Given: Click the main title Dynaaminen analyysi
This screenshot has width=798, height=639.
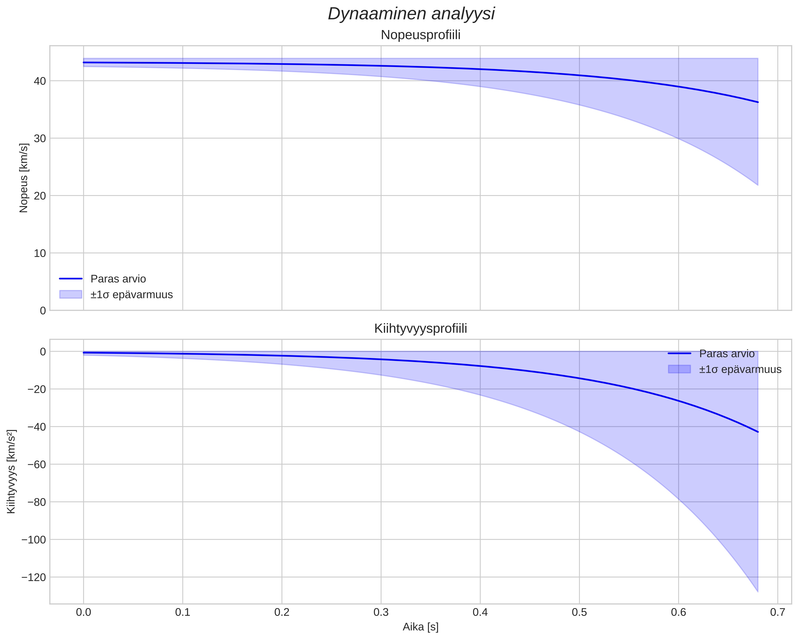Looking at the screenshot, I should click(x=411, y=14).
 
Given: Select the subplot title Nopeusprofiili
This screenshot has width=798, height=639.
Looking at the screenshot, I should click(x=420, y=35).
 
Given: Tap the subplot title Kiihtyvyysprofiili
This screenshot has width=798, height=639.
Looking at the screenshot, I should click(x=420, y=328).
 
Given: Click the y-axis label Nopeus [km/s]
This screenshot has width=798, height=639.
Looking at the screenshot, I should click(x=23, y=178).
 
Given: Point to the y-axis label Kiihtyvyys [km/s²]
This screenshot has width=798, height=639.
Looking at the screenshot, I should click(x=11, y=472).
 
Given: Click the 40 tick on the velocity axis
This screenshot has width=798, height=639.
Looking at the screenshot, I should click(x=40, y=81).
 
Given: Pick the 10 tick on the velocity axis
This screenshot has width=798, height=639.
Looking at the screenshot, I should click(x=40, y=253).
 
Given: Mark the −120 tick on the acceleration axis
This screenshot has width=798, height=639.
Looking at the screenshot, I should click(x=34, y=577).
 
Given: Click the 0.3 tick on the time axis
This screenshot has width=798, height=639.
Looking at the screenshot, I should click(x=381, y=612).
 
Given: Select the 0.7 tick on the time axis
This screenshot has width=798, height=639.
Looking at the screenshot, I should click(x=778, y=612).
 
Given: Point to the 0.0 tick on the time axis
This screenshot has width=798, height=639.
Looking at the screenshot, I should click(x=84, y=612).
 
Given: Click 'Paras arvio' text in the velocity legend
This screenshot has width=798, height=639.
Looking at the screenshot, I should click(x=118, y=279).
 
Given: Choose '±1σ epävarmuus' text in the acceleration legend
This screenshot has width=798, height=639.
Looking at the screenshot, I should click(x=740, y=369).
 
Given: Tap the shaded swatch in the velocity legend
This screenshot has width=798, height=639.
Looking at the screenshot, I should click(x=70, y=294).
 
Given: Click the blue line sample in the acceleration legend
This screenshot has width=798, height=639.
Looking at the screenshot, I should click(x=679, y=354).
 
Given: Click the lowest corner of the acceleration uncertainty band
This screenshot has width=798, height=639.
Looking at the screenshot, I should click(x=758, y=592).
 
